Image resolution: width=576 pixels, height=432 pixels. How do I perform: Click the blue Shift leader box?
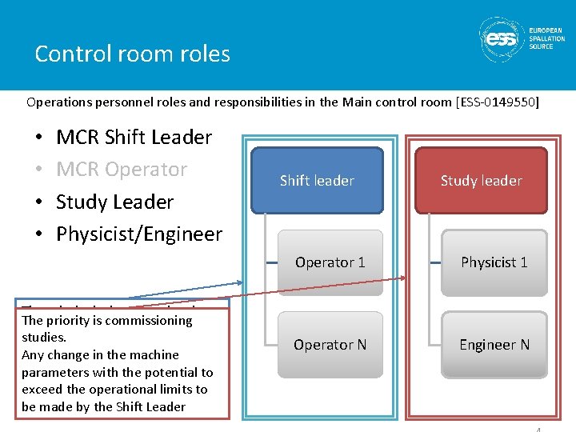[317, 181]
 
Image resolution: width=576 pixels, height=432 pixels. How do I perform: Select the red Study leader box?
[481, 181]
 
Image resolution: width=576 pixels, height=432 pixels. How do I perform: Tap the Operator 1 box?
[330, 262]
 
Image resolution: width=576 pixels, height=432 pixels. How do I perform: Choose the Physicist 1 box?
[494, 262]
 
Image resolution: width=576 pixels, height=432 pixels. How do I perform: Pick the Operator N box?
[330, 345]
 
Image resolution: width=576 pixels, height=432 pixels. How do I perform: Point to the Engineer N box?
[494, 345]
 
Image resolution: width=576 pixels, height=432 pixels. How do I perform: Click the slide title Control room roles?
[133, 54]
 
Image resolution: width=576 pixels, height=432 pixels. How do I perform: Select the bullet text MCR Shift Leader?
[134, 138]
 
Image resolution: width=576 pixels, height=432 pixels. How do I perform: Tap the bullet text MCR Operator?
[122, 170]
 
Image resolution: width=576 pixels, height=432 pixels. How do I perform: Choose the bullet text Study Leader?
[114, 202]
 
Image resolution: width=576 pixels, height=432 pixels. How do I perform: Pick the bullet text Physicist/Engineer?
[139, 234]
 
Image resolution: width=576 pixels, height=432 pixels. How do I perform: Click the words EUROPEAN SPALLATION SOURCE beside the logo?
[546, 38]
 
